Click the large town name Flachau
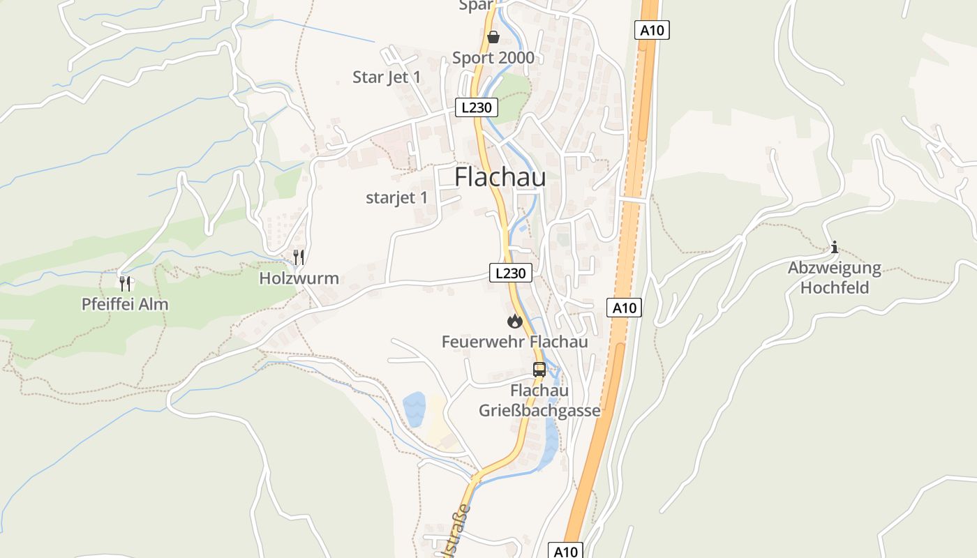tap(500, 177)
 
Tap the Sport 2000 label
tap(493, 58)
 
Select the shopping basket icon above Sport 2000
tap(493, 36)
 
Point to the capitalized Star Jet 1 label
tap(387, 77)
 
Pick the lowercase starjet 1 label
tap(396, 197)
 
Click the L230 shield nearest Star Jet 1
tap(477, 107)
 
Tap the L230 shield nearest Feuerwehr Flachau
tap(510, 273)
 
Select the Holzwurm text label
tap(299, 278)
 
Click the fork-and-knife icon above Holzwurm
tap(299, 257)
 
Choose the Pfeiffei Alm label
tap(125, 304)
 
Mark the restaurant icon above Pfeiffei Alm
tap(125, 283)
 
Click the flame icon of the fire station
tap(514, 321)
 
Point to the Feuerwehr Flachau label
tap(514, 342)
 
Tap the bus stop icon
tap(539, 370)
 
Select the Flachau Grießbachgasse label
tap(539, 400)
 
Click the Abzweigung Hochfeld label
tap(835, 278)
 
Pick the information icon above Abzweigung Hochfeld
tap(834, 247)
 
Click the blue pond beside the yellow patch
tap(414, 409)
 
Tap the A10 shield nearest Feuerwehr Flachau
tap(624, 308)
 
